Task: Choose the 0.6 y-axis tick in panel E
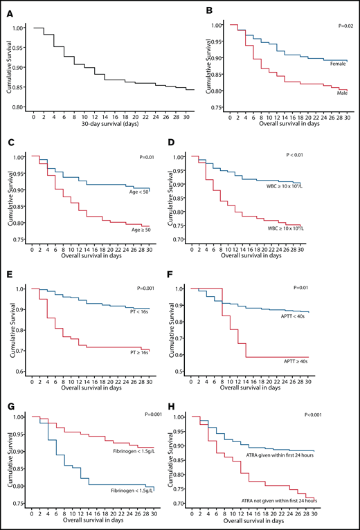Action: pos(18,372)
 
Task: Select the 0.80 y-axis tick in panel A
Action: pos(17,108)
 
